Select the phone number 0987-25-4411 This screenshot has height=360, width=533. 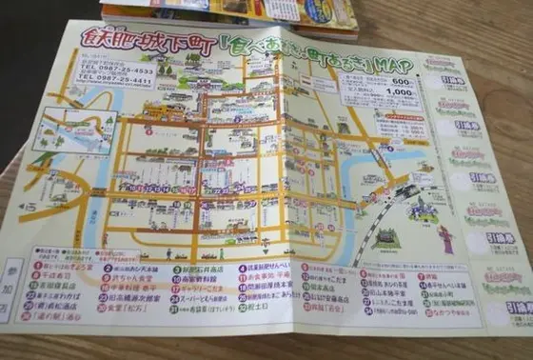(x=116, y=82)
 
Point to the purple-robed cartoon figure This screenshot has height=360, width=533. (x=447, y=239)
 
